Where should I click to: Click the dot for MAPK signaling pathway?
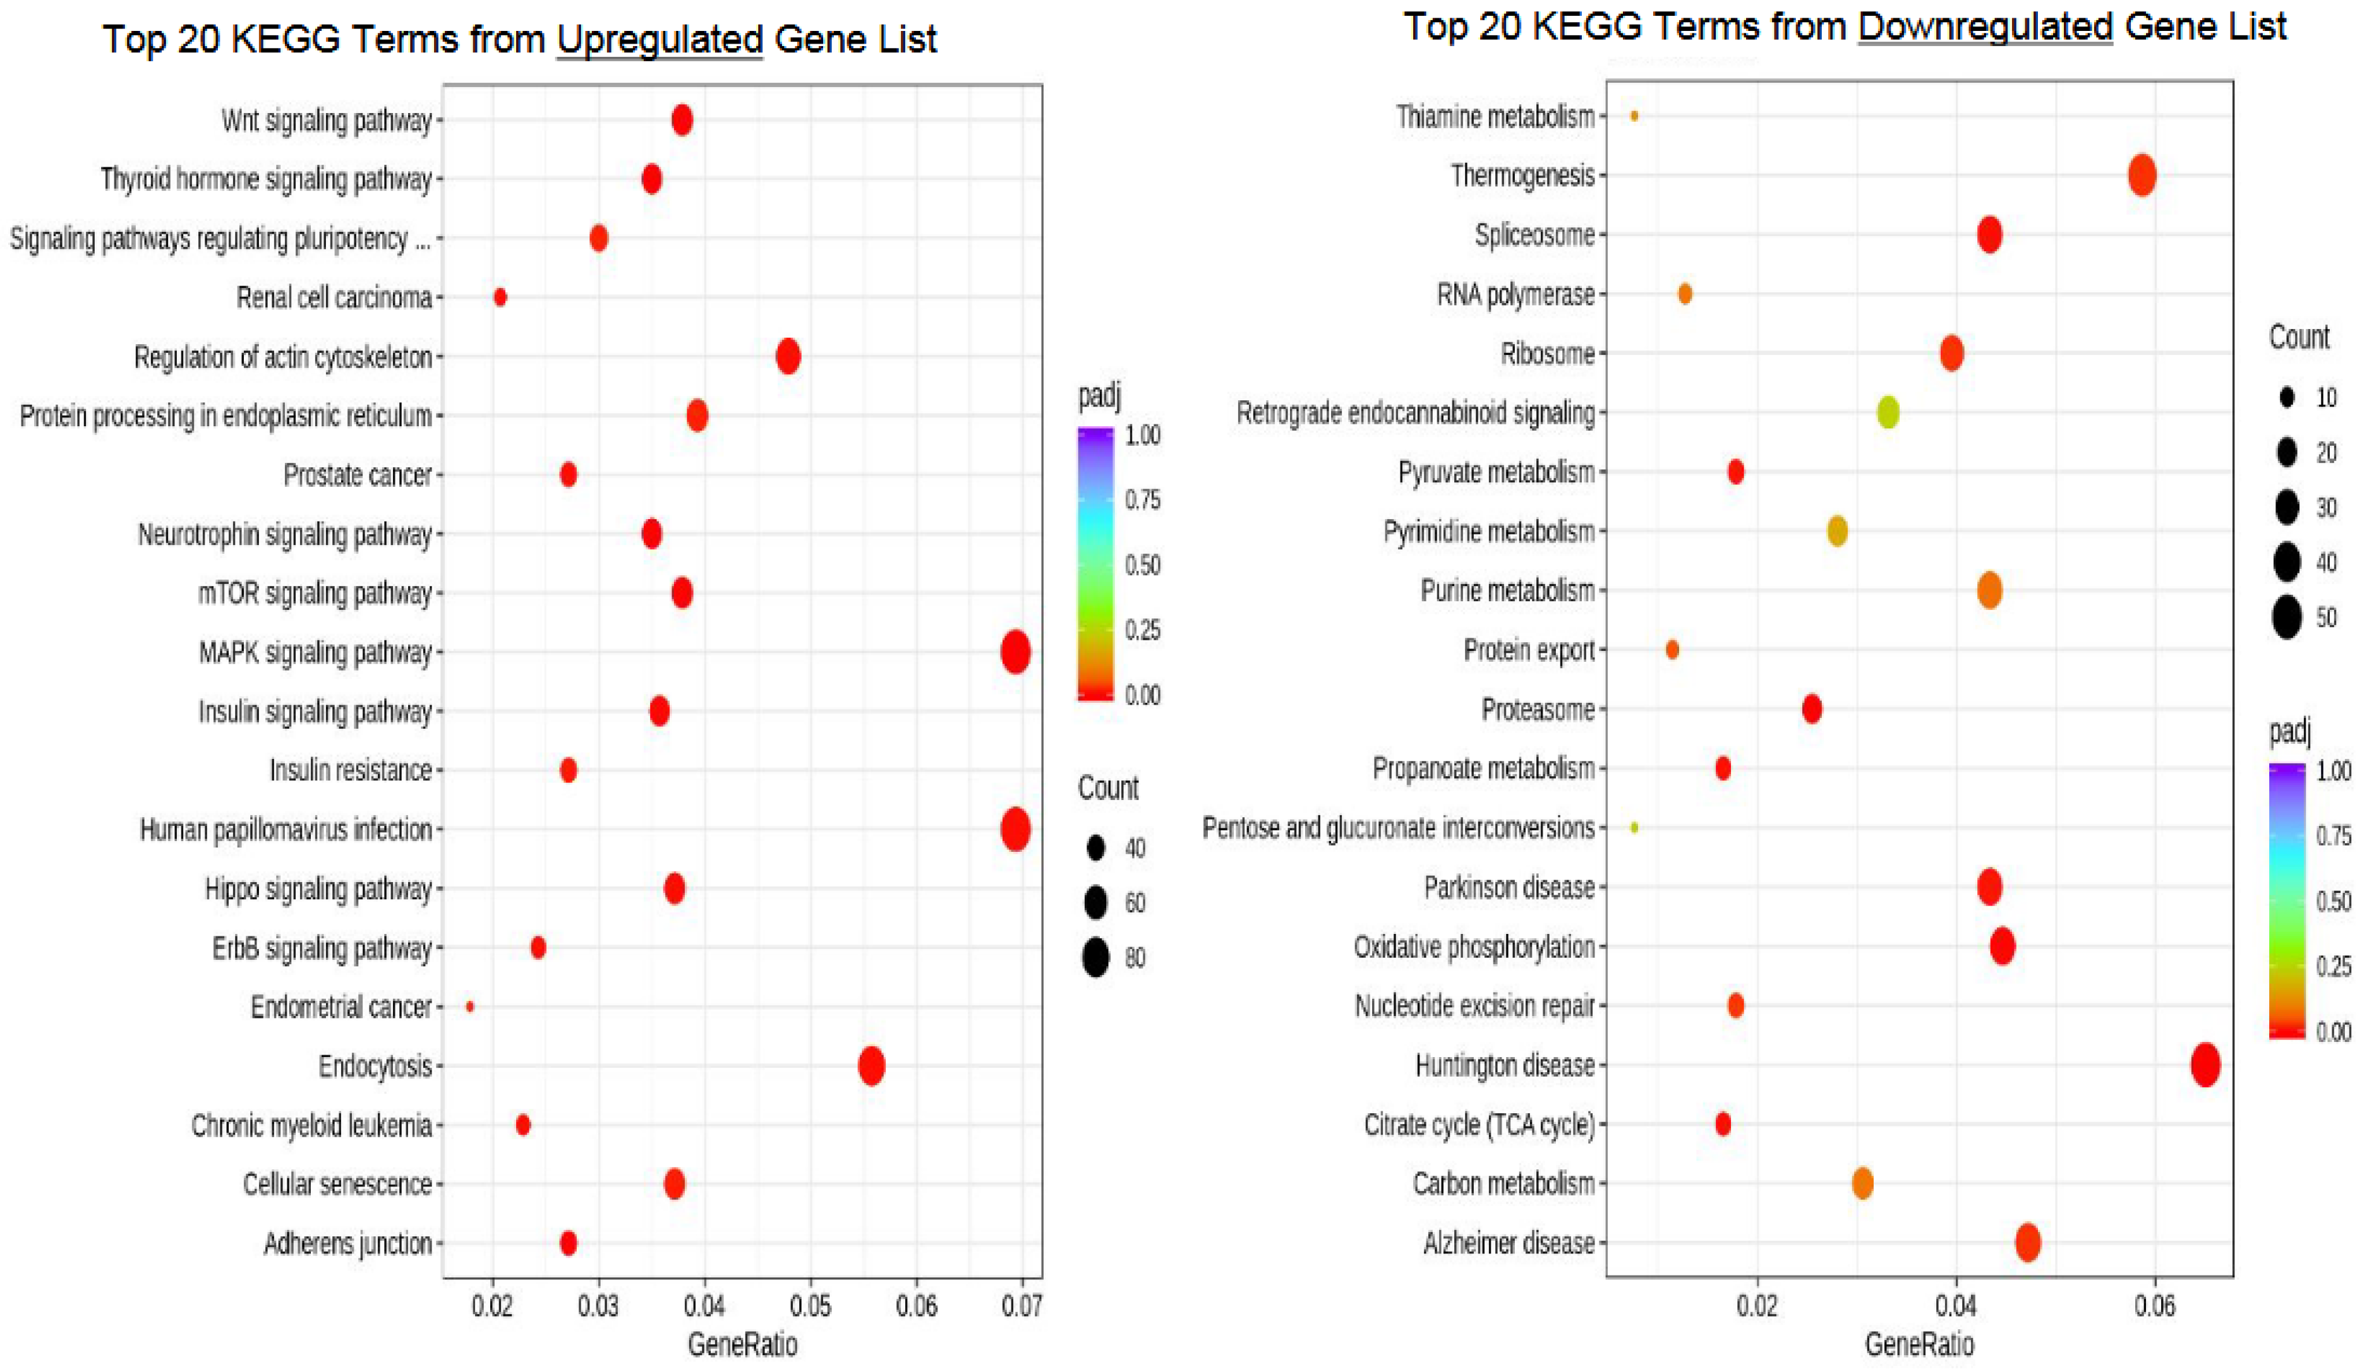[1015, 652]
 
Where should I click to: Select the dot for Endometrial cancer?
[469, 1007]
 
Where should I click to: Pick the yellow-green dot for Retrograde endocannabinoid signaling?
[1888, 412]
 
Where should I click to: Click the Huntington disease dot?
[2205, 1065]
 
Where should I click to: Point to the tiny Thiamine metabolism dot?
[1634, 116]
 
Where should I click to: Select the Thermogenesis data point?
[2142, 175]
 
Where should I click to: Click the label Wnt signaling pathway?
[326, 121]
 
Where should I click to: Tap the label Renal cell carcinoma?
[334, 298]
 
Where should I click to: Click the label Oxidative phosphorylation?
[1473, 947]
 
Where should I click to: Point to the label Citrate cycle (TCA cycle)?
[1479, 1125]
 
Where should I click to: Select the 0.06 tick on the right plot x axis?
[2154, 1305]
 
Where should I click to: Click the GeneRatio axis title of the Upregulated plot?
[742, 1344]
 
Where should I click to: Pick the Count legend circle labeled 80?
[1095, 958]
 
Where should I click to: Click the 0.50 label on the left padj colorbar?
[1143, 565]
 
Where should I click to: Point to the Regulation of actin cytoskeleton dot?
[788, 357]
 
